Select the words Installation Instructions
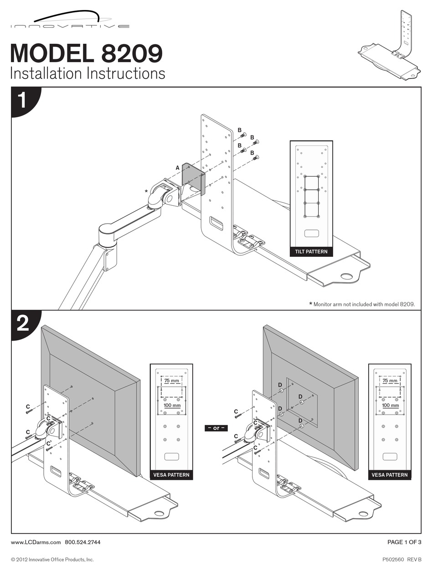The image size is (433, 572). coord(88,73)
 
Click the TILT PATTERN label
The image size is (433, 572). coord(311,251)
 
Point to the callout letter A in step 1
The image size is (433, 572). coord(178,168)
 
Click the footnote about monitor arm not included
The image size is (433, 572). coord(362,304)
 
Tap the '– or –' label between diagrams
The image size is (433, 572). coord(216,428)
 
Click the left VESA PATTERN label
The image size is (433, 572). coord(171,475)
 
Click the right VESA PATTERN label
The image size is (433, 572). coord(390,475)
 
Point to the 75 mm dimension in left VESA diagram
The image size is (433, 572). coord(171,380)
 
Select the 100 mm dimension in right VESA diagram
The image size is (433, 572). coord(390,405)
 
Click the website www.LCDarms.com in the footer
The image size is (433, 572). coord(36,542)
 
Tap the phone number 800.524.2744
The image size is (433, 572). coord(82,542)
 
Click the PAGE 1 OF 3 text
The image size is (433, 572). coord(404,542)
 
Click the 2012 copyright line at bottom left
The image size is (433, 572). coord(52,559)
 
